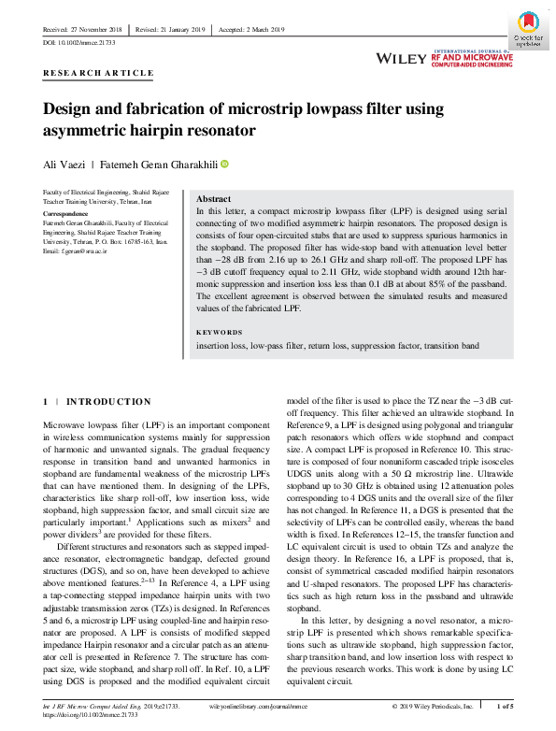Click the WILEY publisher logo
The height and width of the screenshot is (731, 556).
tap(400, 59)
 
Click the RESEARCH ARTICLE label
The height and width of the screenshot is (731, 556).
tap(98, 73)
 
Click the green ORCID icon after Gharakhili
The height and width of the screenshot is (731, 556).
tap(224, 165)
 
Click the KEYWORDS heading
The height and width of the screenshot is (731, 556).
tap(220, 332)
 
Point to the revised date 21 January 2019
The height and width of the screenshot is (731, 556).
tap(173, 30)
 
